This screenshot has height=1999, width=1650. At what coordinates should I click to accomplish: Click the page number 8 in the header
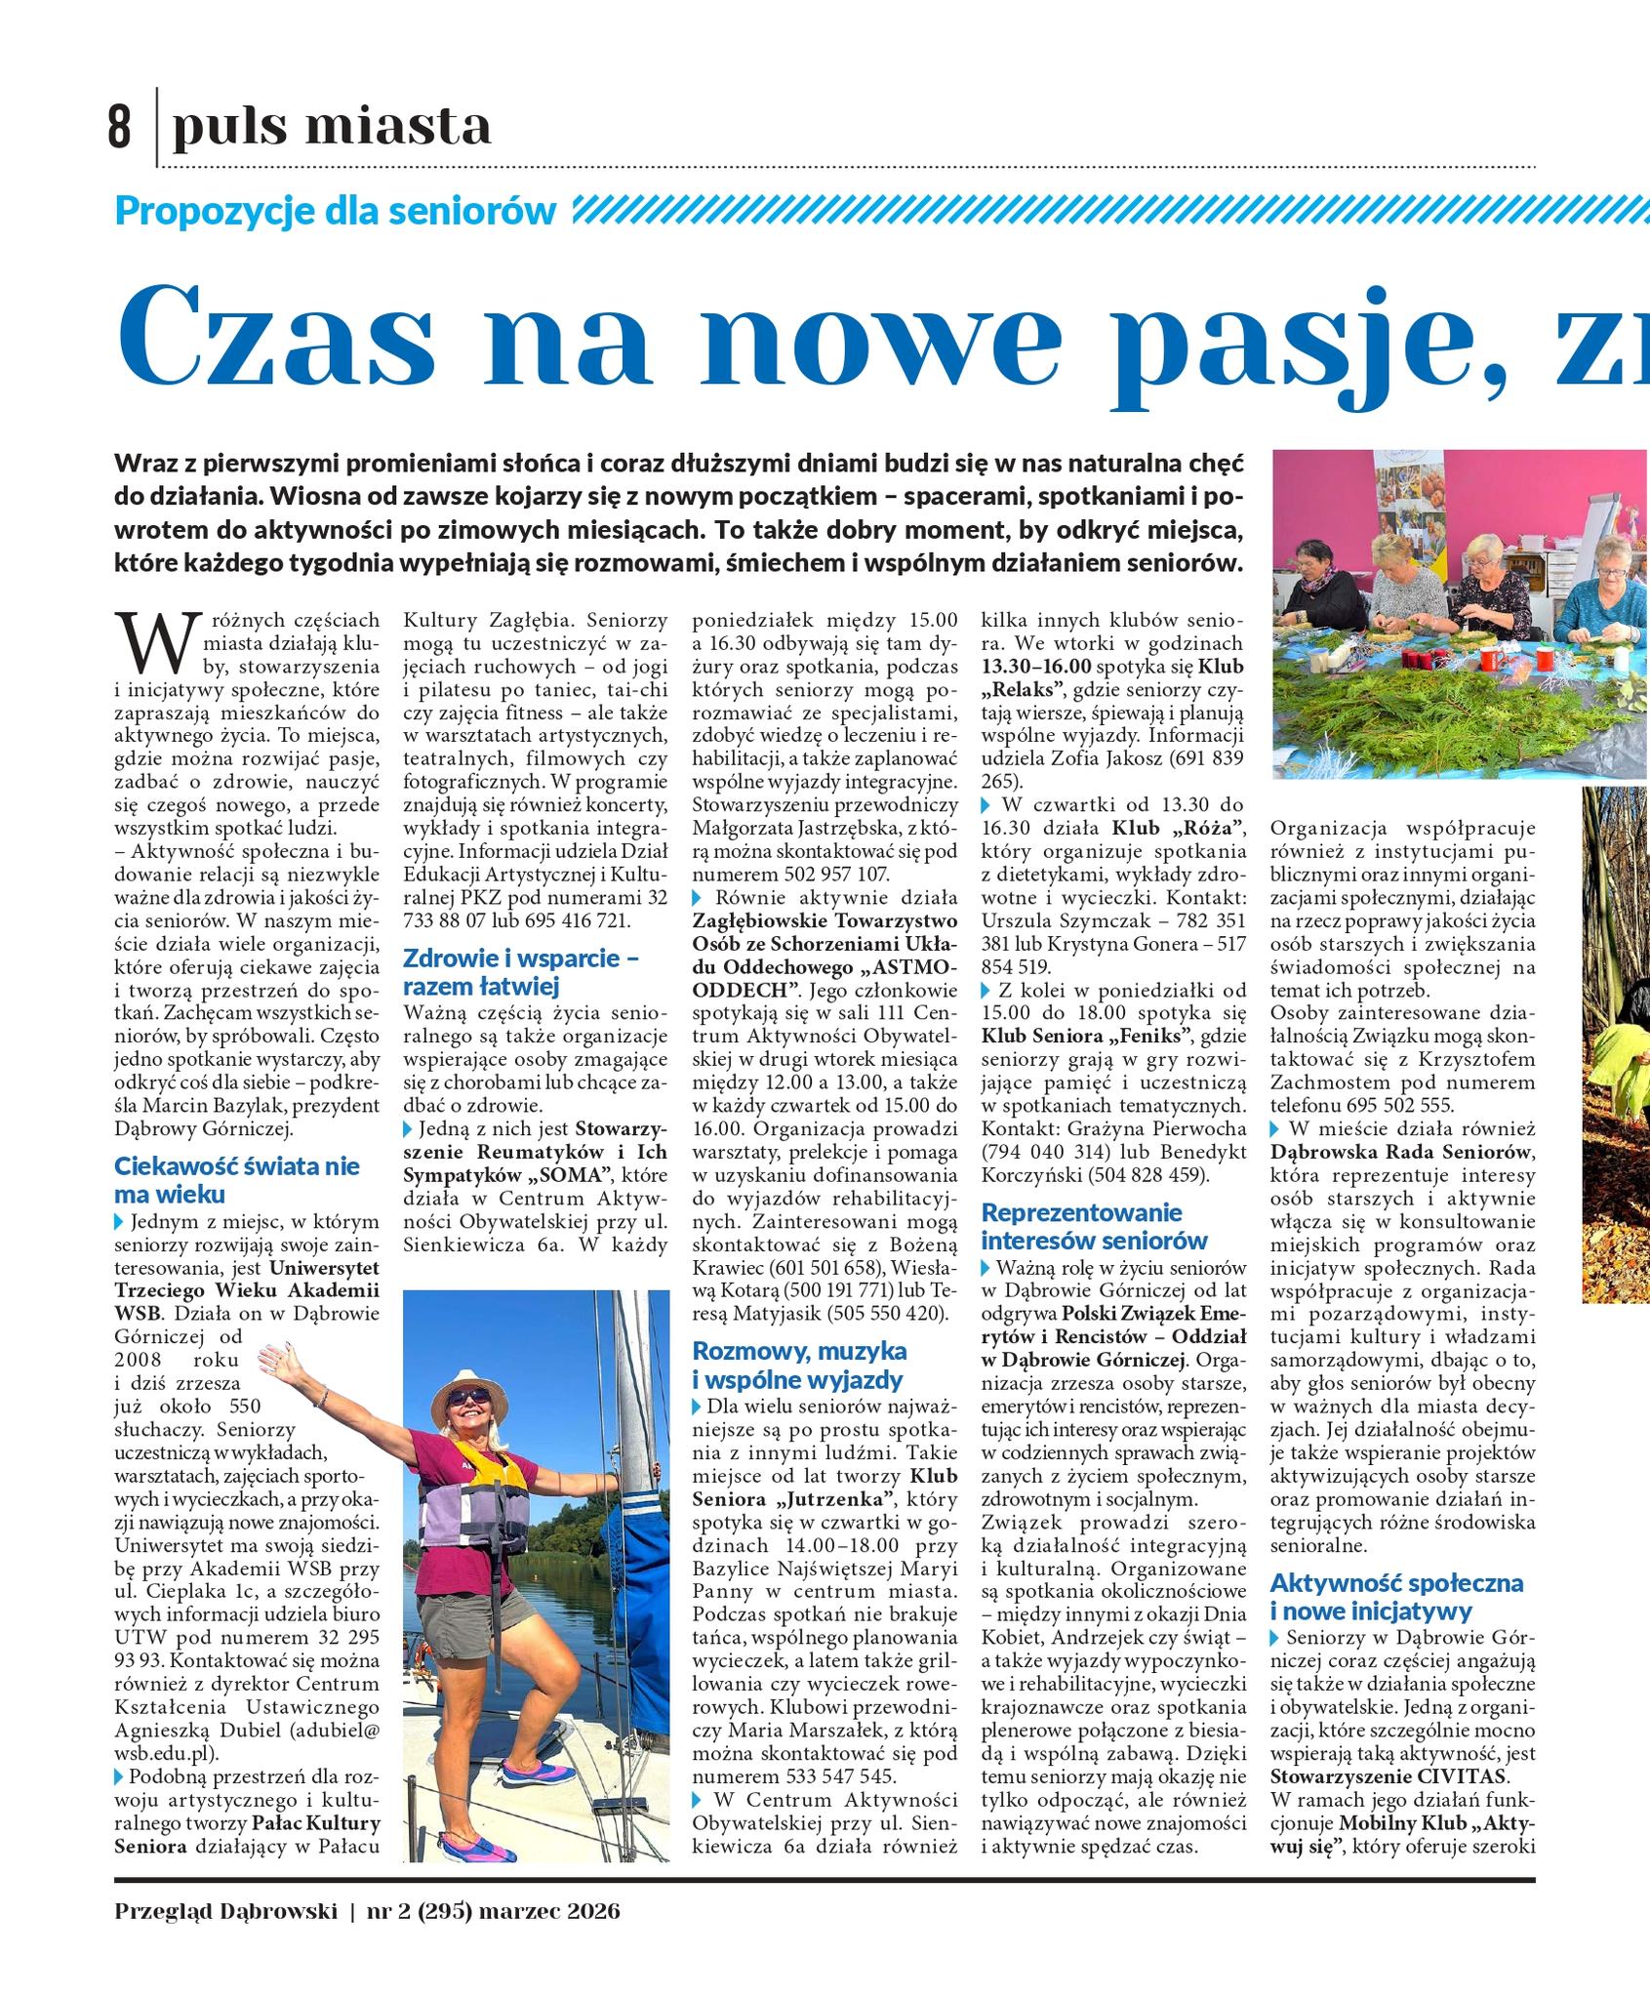coord(118,129)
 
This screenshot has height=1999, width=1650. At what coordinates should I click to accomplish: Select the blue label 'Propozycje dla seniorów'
coord(336,210)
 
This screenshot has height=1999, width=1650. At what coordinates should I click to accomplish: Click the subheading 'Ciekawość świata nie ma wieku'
coord(236,1179)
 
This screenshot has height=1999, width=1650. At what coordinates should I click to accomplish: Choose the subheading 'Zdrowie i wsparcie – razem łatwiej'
coord(520,971)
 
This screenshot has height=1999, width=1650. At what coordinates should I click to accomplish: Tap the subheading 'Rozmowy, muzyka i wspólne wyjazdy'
coord(799,1365)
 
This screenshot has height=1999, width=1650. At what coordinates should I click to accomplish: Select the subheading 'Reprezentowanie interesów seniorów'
coord(1095,1226)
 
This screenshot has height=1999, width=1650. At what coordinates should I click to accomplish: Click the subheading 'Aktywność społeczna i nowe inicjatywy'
coord(1395,1596)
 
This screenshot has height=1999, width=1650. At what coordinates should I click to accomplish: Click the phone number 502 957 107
coord(836,875)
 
